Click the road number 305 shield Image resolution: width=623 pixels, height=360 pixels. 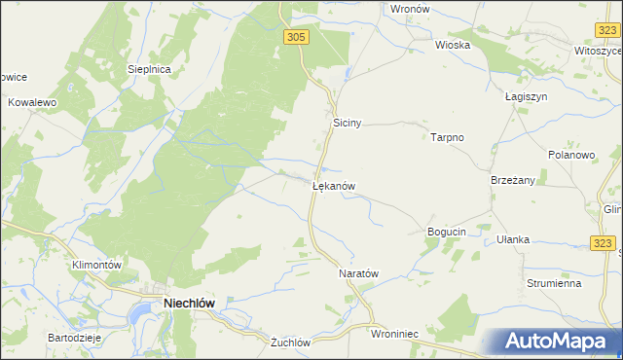click(x=297, y=36)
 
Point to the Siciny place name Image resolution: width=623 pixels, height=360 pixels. click(x=348, y=124)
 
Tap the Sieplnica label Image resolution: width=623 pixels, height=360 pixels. click(x=150, y=70)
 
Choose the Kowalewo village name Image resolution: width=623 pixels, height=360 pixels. click(x=33, y=101)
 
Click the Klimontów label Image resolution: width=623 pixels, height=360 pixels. click(x=95, y=265)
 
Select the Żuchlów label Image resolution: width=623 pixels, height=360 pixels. click(x=290, y=342)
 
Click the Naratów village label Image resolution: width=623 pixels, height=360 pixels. click(x=357, y=274)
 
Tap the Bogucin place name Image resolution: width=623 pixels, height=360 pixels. click(x=448, y=232)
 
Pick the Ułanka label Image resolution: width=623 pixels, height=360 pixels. click(x=512, y=239)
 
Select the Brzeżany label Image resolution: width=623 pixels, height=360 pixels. click(x=513, y=180)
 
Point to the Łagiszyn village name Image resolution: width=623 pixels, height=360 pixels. click(x=528, y=97)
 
